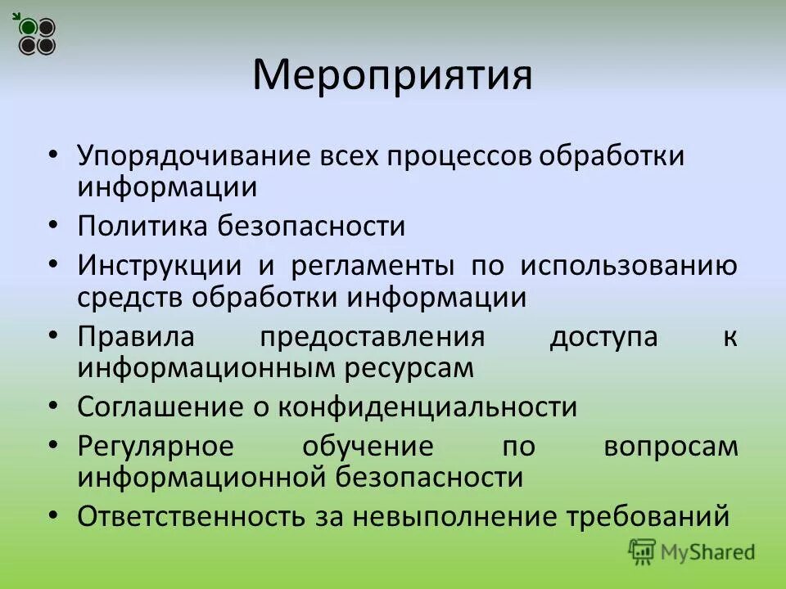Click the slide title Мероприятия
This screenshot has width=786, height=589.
coord(392,75)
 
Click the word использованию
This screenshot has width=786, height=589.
coord(628,266)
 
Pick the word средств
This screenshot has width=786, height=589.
coord(131,297)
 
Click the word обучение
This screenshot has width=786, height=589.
coord(368,447)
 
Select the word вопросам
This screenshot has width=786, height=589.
coord(671,447)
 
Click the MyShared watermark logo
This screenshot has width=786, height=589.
coord(692,551)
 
